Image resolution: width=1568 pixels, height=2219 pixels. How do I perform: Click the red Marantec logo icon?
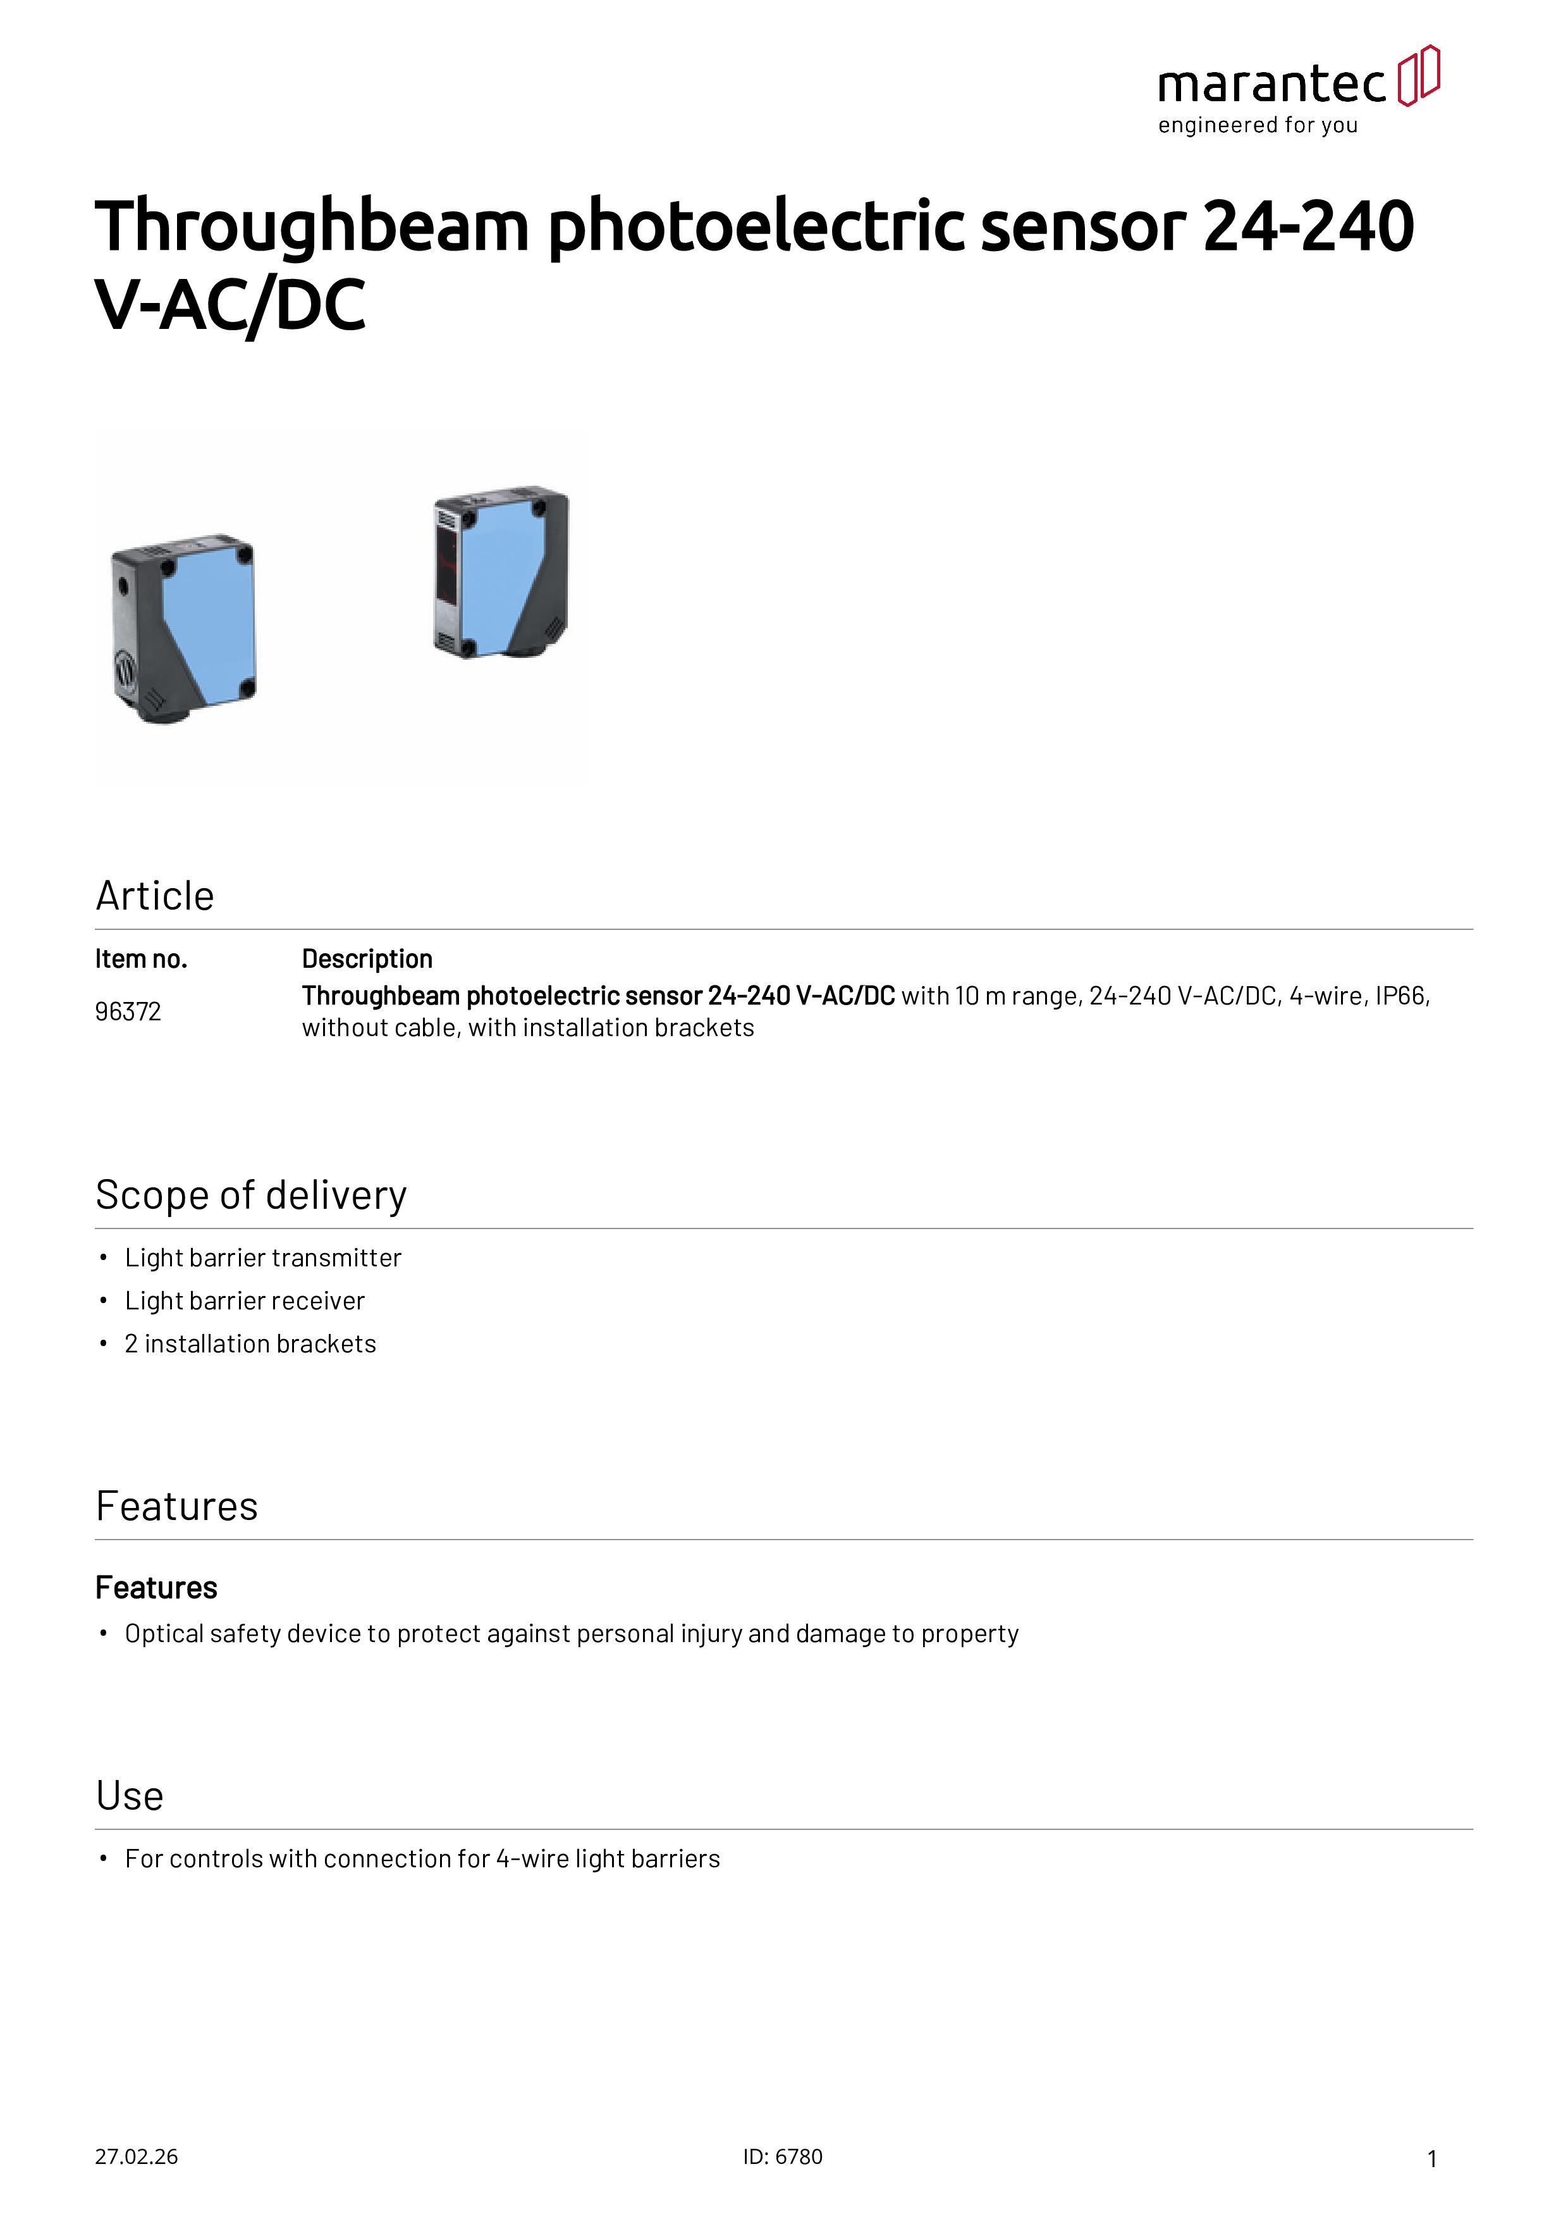click(x=1419, y=75)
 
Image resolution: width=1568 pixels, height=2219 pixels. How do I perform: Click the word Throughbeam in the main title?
click(x=311, y=226)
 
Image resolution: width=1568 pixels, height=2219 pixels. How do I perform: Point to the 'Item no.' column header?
click(x=141, y=959)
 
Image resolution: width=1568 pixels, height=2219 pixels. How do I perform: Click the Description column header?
click(x=367, y=959)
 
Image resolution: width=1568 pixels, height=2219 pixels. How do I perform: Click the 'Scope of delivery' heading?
click(x=251, y=1196)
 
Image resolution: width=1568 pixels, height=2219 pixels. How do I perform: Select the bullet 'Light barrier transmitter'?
click(x=263, y=1258)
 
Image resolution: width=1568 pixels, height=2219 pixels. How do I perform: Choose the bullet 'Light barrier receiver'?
click(x=245, y=1301)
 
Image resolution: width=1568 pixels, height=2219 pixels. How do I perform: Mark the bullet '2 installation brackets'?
click(x=250, y=1344)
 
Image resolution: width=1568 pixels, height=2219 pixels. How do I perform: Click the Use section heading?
click(x=130, y=1796)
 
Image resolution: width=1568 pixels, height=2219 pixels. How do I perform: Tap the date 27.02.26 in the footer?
click(x=136, y=2156)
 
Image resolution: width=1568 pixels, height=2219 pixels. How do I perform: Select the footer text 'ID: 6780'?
click(x=783, y=2156)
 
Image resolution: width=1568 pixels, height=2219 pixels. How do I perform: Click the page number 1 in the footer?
click(x=1432, y=2158)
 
